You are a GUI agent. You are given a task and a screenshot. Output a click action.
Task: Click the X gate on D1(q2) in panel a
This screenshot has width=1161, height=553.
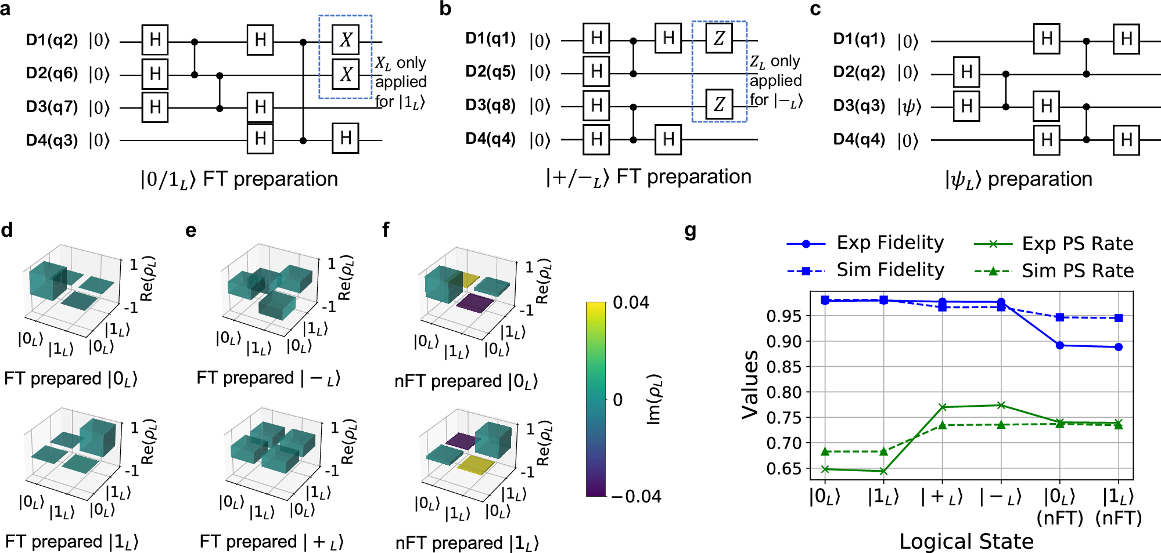tap(346, 39)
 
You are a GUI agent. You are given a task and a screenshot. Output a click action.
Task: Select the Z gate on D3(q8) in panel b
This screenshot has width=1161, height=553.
tap(719, 104)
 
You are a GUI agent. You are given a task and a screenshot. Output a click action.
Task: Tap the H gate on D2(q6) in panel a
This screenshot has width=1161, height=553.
tap(155, 74)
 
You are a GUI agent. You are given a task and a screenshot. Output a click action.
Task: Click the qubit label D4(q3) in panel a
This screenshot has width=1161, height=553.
tap(52, 140)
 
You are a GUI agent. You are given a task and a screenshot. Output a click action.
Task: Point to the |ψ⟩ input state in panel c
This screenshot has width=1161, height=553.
tap(909, 107)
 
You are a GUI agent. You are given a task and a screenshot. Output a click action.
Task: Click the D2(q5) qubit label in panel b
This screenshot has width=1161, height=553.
tap(491, 71)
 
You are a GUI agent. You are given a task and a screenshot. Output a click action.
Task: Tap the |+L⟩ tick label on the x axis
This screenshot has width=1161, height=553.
tap(942, 497)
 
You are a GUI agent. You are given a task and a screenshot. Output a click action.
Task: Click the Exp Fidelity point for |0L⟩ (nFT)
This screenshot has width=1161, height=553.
tap(1060, 345)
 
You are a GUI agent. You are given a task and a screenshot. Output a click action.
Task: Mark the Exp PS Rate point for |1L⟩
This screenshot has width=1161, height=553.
tap(883, 471)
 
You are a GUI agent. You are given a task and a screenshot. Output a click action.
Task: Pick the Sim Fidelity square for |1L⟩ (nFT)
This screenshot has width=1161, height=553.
tap(1119, 318)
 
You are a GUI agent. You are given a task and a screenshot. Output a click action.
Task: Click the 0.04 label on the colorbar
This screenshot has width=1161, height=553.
tap(631, 303)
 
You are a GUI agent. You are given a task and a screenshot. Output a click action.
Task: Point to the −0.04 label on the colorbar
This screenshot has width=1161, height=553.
tap(636, 497)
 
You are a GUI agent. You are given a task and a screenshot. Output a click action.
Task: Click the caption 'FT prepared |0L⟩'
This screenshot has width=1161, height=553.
tap(71, 379)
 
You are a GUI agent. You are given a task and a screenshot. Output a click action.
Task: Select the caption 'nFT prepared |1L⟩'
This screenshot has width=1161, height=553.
tap(467, 543)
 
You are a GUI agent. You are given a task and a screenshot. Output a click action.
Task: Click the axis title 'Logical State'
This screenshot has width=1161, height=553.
tap(966, 541)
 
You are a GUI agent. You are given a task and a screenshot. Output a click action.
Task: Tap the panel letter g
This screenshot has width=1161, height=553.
tap(691, 232)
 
